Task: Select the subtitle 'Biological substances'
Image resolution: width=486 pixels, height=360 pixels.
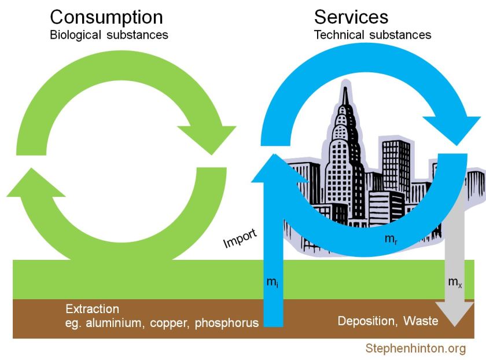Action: click(109, 35)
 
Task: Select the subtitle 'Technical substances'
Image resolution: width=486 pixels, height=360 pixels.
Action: click(373, 35)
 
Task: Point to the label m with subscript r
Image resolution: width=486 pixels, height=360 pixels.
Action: click(391, 238)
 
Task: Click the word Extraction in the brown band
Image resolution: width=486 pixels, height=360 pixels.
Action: click(92, 309)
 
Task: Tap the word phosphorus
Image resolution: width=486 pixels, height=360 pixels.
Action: click(227, 323)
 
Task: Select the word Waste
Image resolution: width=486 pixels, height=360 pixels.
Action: click(421, 321)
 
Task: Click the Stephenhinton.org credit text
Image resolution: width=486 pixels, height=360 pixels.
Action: click(415, 348)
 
